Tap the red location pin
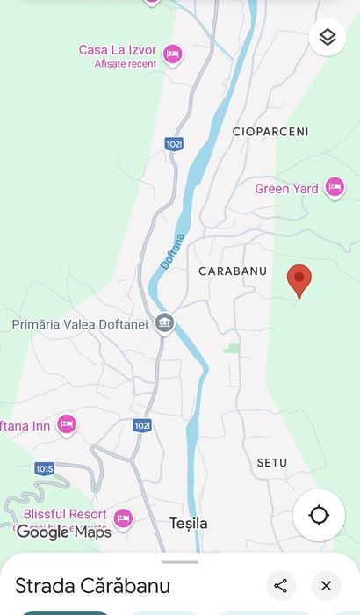[x=299, y=279]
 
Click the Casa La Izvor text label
[x=118, y=50]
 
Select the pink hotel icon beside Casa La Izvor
[x=173, y=55]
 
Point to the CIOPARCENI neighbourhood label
[x=270, y=132]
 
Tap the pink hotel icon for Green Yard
[x=334, y=187]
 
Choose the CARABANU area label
[x=233, y=271]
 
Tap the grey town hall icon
[x=164, y=324]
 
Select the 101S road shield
[x=45, y=468]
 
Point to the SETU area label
[x=272, y=462]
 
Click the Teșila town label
[x=189, y=524]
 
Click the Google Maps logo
[x=63, y=532]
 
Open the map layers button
[x=328, y=37]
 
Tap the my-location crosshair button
[x=319, y=515]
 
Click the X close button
[x=326, y=586]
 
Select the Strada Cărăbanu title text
[x=92, y=586]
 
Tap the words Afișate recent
[x=126, y=64]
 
